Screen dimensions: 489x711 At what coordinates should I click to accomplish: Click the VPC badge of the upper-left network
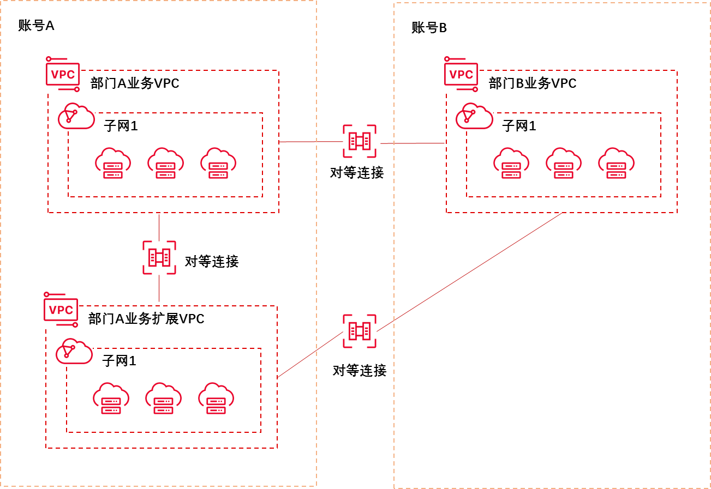[63, 74]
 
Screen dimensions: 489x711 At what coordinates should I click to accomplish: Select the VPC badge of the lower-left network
[61, 310]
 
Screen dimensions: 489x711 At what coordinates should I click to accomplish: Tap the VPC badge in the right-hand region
[461, 74]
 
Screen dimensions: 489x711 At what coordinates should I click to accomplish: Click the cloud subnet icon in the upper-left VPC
[76, 116]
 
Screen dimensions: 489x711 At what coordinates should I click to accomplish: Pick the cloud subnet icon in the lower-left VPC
[74, 351]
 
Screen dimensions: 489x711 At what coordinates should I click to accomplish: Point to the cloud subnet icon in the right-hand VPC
[474, 116]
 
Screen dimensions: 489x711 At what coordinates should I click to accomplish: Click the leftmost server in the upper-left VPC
[113, 163]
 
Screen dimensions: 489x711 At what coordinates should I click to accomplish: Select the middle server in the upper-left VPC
[165, 163]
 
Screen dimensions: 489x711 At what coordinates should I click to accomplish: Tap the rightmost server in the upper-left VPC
[218, 163]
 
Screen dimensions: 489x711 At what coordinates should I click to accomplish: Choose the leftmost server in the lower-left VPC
[111, 399]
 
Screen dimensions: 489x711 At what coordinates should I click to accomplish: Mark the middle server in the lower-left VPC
[163, 399]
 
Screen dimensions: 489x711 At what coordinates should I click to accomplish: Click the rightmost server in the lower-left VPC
[216, 399]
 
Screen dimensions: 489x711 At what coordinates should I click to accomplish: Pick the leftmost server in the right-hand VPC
[511, 163]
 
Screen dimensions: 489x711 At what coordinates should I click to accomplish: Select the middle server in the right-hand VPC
[564, 163]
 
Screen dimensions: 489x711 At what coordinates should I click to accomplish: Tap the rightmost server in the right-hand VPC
[616, 163]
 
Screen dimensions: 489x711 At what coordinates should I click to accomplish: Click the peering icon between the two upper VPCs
[360, 141]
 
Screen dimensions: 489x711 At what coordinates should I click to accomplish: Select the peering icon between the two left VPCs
[159, 257]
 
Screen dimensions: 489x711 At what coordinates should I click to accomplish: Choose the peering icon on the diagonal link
[360, 331]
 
